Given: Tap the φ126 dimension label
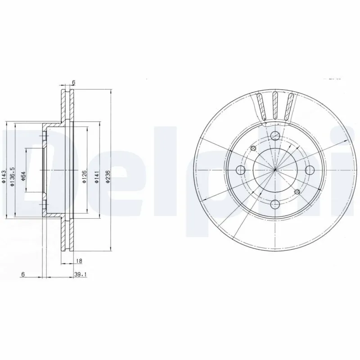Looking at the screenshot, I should (84, 176).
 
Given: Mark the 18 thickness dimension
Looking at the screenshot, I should (78, 261).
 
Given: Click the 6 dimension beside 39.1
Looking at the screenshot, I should (22, 273).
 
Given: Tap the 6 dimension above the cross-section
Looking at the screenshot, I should (73, 83).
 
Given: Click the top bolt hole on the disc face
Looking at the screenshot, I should (274, 136).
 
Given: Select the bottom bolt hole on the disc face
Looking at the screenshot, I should (274, 203).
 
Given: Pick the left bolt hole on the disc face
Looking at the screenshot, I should (241, 170).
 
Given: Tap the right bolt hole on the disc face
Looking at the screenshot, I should (309, 170).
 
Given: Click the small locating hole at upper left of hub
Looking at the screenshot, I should (253, 148).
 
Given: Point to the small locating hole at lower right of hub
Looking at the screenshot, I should (296, 192).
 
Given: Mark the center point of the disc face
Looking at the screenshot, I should (274, 170).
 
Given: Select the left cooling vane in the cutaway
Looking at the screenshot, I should (260, 107).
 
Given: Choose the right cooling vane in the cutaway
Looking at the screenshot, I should (291, 107).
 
